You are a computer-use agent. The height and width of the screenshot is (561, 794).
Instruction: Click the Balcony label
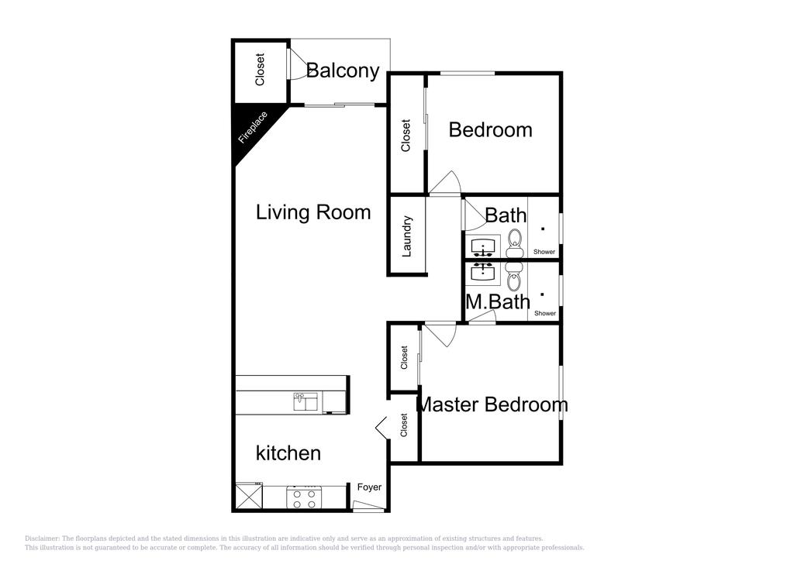[343, 71]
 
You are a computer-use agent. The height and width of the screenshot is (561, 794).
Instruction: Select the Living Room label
[313, 212]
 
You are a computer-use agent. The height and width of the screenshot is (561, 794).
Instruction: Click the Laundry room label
[407, 236]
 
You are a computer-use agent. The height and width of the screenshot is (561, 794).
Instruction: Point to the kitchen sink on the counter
[305, 401]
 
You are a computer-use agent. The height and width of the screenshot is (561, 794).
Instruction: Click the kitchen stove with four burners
[304, 497]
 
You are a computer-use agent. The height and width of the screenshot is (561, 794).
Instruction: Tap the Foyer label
[369, 487]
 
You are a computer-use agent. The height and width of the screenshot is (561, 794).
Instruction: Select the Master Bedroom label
[492, 404]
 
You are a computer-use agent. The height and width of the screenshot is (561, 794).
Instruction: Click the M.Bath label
[498, 301]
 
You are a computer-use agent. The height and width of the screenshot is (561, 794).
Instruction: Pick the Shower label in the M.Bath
[545, 313]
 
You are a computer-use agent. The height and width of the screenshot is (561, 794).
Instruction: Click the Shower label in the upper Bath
[544, 252]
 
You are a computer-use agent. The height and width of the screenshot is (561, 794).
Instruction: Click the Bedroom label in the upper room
[490, 129]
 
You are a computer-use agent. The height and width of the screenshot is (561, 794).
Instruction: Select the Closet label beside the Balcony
[261, 70]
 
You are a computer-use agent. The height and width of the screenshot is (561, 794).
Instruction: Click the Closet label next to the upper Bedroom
[406, 135]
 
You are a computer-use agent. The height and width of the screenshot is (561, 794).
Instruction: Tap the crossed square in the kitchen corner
[248, 496]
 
